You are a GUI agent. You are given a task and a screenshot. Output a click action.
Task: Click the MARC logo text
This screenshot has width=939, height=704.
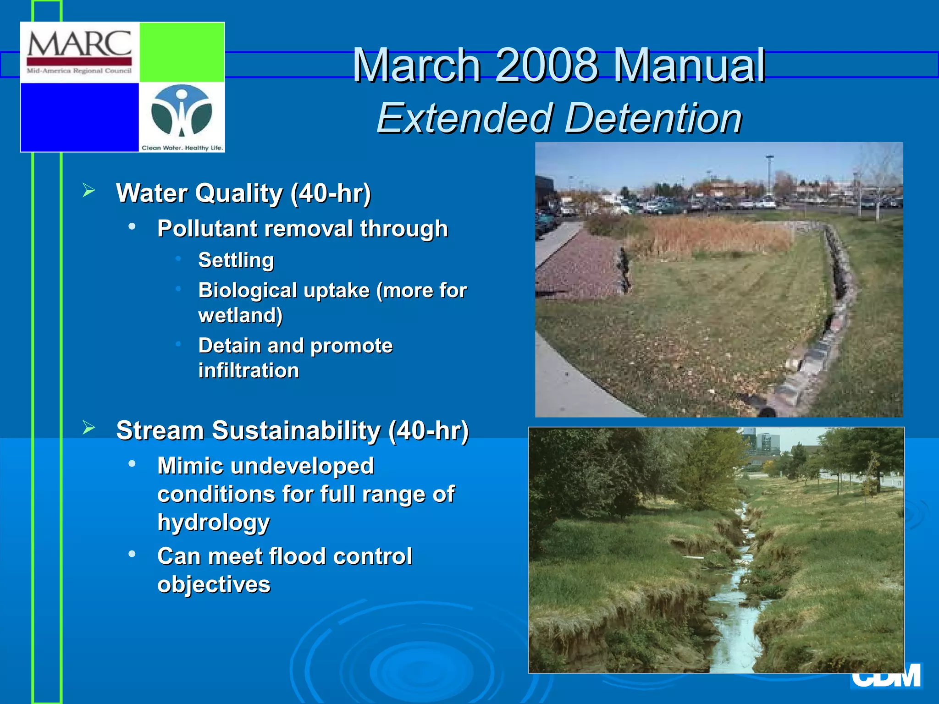click(79, 44)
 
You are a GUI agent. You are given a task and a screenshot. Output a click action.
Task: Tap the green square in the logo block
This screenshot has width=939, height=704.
click(182, 52)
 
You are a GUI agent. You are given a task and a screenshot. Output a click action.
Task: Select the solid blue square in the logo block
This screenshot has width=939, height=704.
click(79, 117)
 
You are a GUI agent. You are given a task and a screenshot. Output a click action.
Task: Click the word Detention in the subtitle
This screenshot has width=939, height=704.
click(653, 118)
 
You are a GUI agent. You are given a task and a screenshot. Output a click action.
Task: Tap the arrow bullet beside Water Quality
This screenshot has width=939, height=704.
click(88, 190)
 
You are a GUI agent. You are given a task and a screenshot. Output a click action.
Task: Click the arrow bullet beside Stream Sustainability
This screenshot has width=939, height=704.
click(88, 428)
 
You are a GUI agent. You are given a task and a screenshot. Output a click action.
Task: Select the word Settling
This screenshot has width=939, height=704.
click(236, 260)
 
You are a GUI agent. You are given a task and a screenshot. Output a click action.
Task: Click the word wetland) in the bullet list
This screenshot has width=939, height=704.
click(240, 315)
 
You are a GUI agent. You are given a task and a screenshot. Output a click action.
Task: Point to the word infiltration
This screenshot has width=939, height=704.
click(249, 370)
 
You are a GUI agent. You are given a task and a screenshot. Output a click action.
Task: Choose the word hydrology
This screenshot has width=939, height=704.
click(213, 522)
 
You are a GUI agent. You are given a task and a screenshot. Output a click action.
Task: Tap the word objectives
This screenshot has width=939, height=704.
click(214, 584)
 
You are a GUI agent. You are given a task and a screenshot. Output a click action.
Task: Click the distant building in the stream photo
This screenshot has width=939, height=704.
click(761, 442)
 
